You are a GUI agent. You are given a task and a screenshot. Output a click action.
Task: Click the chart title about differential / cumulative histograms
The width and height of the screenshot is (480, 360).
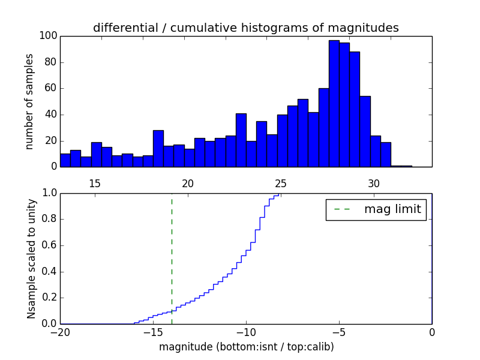tap(245, 28)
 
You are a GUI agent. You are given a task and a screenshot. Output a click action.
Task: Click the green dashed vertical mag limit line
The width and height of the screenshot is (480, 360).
tap(172, 258)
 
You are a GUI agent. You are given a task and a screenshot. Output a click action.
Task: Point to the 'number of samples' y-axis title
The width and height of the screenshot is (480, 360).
tap(29, 101)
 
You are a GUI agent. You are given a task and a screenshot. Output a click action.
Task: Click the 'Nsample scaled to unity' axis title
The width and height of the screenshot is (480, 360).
tap(31, 258)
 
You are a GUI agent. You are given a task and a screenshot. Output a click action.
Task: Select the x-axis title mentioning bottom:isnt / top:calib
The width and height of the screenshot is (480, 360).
tap(246, 347)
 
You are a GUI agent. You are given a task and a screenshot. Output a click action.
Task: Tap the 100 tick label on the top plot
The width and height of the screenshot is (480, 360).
tap(48, 36)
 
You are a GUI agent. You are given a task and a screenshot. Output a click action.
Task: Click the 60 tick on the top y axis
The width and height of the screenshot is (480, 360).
tap(50, 88)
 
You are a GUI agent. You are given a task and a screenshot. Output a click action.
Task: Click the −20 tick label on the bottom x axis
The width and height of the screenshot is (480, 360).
tap(60, 332)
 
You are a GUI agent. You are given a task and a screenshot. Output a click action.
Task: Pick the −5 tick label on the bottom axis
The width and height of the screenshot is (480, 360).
tap(339, 332)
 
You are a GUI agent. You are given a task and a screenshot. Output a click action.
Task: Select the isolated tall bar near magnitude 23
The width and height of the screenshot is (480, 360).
tap(241, 140)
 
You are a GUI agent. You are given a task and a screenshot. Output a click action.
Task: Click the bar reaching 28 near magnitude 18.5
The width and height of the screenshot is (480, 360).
tap(158, 148)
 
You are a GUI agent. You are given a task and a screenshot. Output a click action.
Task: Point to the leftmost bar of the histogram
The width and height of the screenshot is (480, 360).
tap(65, 160)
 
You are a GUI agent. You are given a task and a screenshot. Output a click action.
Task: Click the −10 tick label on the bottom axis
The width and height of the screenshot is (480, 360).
tap(246, 332)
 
